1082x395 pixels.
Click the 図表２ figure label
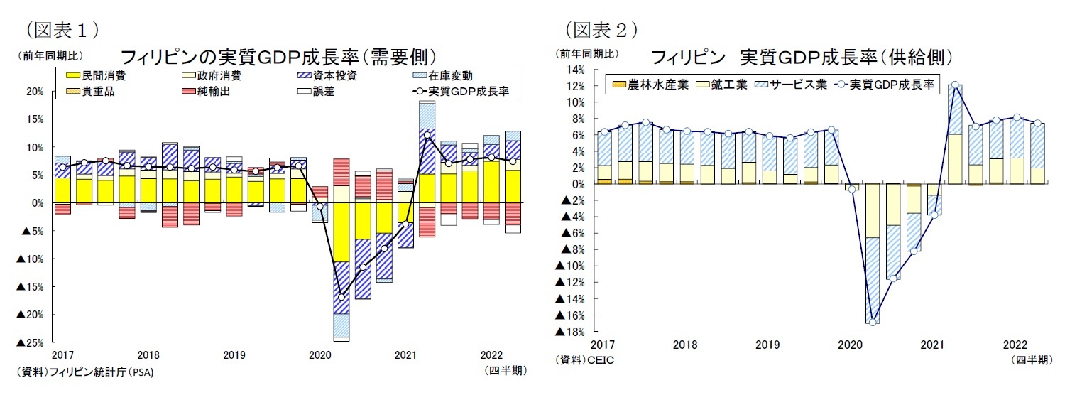click(x=601, y=30)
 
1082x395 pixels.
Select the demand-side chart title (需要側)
click(x=278, y=57)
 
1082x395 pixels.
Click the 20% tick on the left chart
click(x=35, y=92)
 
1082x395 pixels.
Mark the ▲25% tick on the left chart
click(x=30, y=343)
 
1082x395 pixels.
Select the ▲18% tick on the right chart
click(x=571, y=332)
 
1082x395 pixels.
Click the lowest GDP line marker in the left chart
click(x=341, y=297)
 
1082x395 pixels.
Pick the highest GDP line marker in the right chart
click(x=955, y=85)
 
